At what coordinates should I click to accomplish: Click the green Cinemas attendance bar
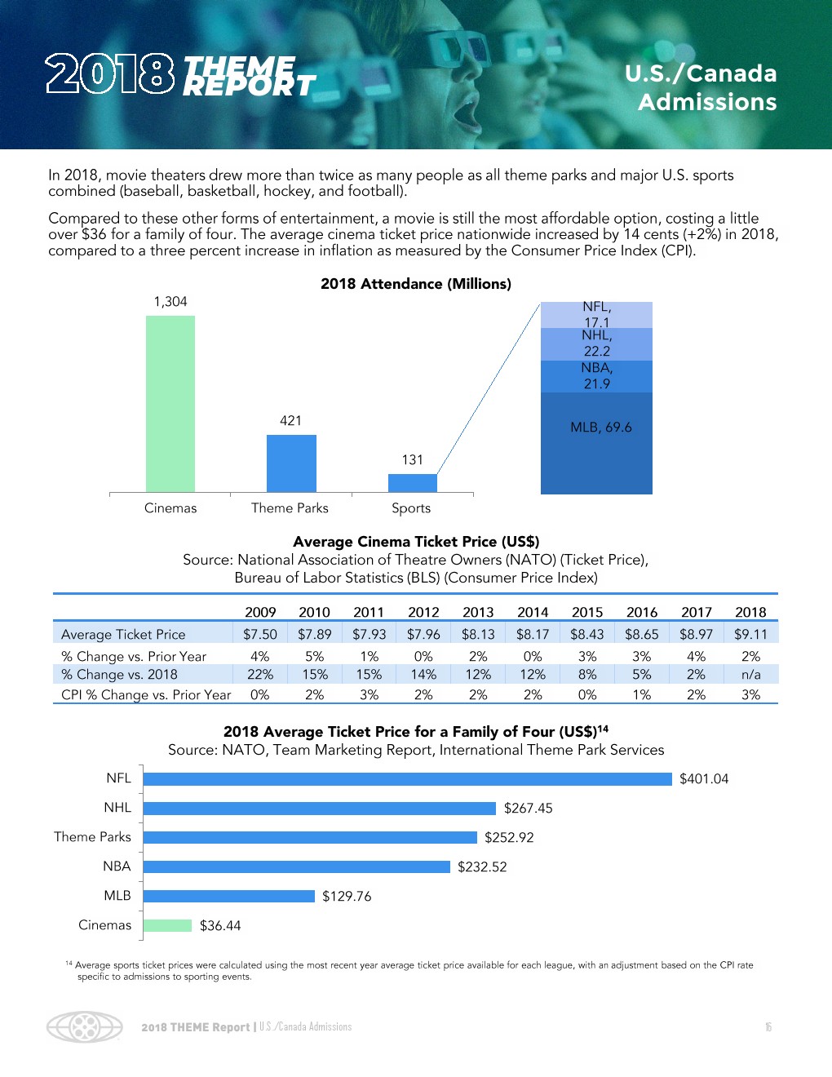170,404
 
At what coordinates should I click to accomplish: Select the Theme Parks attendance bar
291,463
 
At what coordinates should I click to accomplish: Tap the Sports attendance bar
412,483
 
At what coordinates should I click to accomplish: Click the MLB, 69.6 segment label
601,428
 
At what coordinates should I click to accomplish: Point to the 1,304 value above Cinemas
170,302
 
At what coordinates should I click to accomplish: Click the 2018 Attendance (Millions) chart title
416,284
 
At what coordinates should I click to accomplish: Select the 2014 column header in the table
533,612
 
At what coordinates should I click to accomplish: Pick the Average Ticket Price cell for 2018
750,634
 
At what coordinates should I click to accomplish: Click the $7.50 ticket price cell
260,634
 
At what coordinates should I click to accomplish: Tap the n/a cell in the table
750,675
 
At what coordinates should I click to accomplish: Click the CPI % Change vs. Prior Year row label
146,695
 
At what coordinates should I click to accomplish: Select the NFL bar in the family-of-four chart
408,779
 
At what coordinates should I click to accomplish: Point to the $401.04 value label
704,779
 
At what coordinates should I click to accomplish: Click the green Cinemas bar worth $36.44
167,925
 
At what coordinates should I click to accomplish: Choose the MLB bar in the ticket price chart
229,896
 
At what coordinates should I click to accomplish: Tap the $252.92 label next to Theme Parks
509,838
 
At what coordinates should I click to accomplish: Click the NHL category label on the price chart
117,808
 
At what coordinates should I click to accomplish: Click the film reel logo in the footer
85,1026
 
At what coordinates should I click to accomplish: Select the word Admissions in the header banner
707,102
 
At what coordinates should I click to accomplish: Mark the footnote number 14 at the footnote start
69,964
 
